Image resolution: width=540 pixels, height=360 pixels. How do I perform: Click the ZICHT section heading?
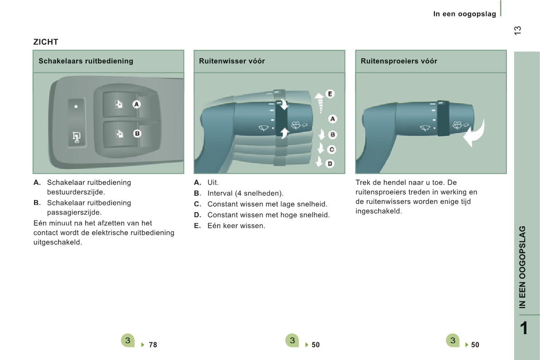(x=46, y=42)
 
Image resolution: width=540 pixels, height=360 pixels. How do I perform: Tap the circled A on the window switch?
(x=136, y=104)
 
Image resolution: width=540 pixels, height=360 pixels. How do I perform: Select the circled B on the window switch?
(x=137, y=134)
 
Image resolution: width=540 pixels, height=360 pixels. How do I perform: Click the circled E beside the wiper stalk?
(x=330, y=94)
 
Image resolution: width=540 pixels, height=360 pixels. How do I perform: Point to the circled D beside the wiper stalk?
(x=330, y=163)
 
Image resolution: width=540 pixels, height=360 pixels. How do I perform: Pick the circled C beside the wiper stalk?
(x=332, y=149)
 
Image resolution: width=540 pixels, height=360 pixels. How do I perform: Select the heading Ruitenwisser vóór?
(x=232, y=61)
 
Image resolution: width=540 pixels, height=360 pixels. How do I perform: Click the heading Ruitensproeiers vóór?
(x=399, y=61)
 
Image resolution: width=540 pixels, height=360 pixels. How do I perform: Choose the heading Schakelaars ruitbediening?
(x=86, y=61)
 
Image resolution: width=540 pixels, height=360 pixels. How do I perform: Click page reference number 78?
(x=153, y=345)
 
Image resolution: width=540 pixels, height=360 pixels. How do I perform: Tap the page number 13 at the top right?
(x=518, y=30)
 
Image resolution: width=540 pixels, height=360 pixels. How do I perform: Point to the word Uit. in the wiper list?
(x=213, y=183)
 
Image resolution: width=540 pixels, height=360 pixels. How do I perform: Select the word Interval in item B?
(x=219, y=194)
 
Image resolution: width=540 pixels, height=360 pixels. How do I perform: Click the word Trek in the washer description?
(x=363, y=183)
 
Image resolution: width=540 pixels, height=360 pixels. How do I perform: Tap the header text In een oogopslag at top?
(x=464, y=14)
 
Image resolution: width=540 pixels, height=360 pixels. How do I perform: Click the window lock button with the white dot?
(x=76, y=107)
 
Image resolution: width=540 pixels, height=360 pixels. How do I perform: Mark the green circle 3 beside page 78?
(x=128, y=341)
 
